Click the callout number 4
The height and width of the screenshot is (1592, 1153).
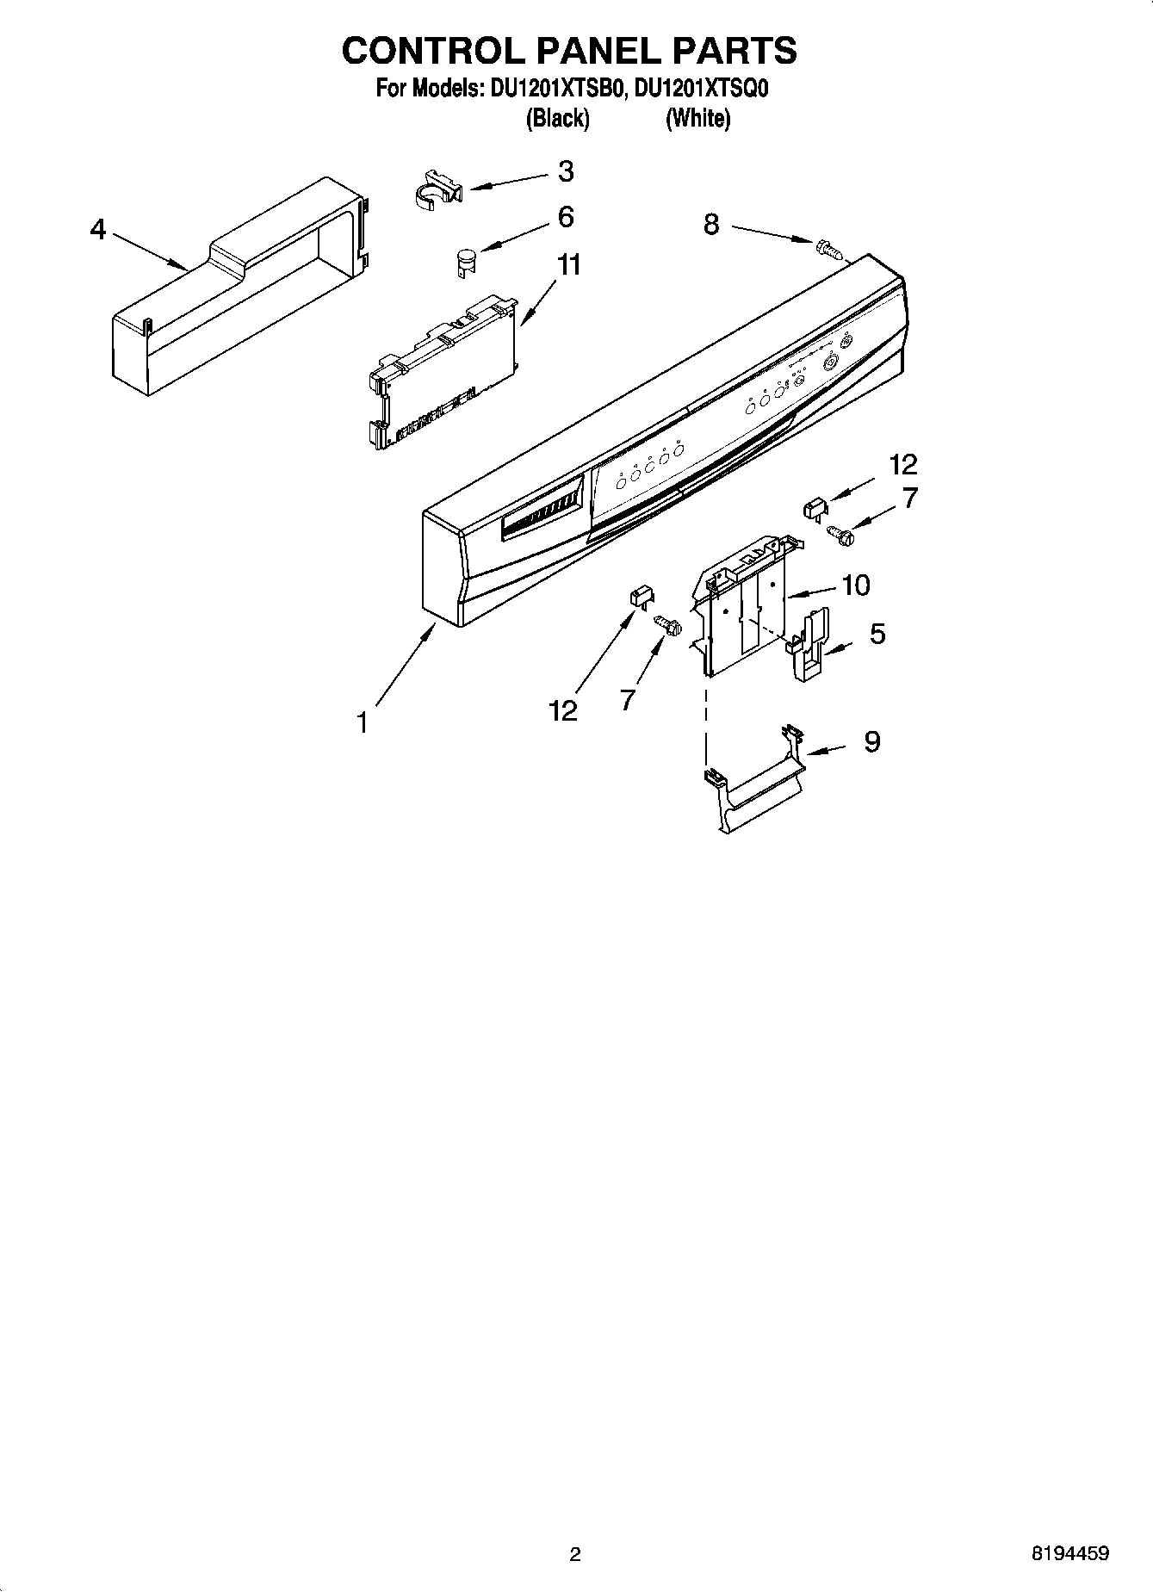pyautogui.click(x=98, y=230)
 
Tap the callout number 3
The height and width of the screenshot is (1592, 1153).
pyautogui.click(x=565, y=171)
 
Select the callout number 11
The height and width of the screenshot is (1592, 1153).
pyautogui.click(x=568, y=265)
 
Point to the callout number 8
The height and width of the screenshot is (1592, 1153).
pyautogui.click(x=710, y=225)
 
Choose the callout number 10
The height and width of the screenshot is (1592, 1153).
pyautogui.click(x=855, y=585)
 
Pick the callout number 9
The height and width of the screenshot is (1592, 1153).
pyautogui.click(x=871, y=741)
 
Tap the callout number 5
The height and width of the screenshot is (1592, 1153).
pyautogui.click(x=877, y=635)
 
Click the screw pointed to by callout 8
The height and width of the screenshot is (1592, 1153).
pyautogui.click(x=827, y=248)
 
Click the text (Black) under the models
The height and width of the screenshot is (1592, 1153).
pyautogui.click(x=557, y=118)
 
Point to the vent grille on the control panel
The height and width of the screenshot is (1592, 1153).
pyautogui.click(x=540, y=516)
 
